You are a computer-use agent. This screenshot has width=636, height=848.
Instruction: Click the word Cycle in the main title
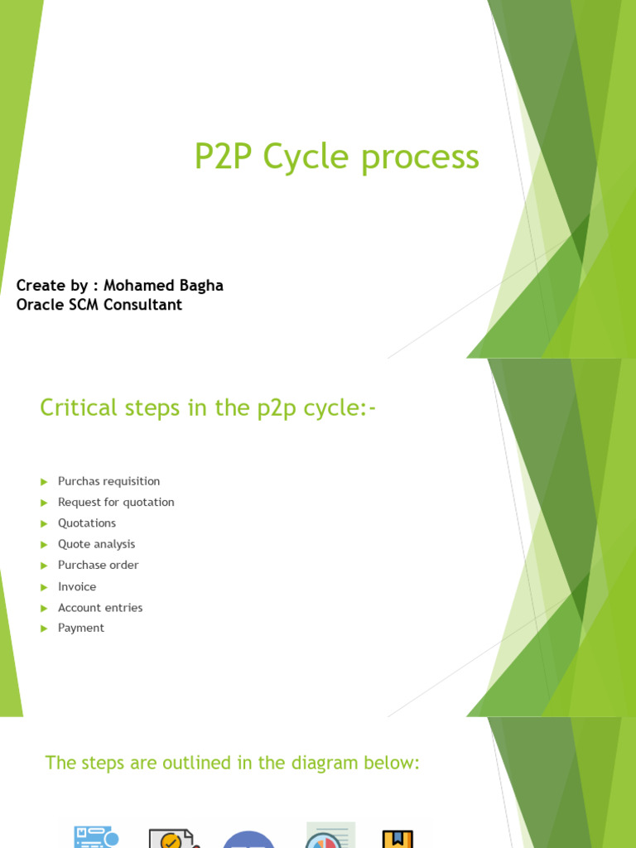[x=307, y=157]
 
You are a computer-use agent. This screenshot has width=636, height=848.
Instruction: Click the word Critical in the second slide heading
[x=79, y=407]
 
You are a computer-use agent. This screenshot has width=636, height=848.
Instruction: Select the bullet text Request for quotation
[x=116, y=503]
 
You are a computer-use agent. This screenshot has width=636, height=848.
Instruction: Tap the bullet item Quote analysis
[x=97, y=544]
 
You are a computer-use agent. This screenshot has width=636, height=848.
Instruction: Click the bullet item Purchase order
[x=99, y=565]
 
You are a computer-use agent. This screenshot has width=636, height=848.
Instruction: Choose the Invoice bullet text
[x=77, y=587]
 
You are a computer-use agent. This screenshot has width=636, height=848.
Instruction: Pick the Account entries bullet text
[x=100, y=608]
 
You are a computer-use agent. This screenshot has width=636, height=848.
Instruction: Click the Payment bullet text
[x=81, y=629]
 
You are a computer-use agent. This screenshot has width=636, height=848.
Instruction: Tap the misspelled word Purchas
[x=79, y=481]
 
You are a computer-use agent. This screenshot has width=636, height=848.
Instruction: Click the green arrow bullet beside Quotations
[x=45, y=523]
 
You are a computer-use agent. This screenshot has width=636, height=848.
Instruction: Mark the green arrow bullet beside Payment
[x=45, y=629]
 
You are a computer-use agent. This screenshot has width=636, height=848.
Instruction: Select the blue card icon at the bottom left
[x=96, y=837]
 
